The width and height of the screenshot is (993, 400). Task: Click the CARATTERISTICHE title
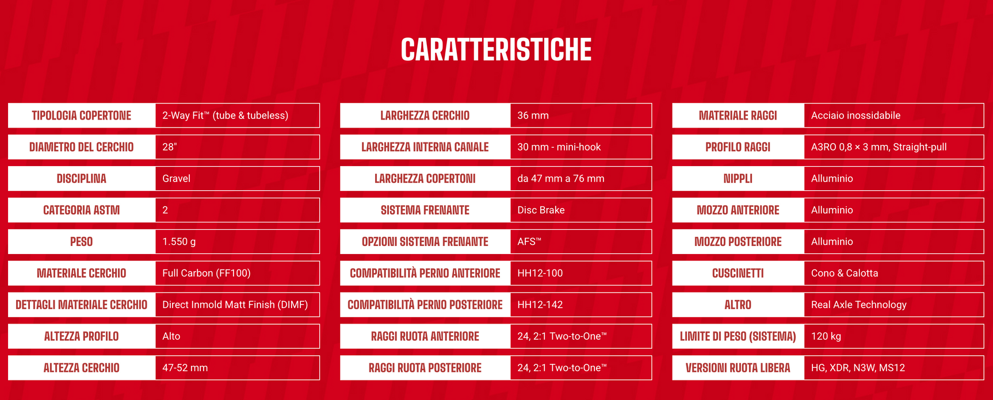[x=496, y=49]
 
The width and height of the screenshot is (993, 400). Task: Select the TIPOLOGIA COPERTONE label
[x=82, y=116]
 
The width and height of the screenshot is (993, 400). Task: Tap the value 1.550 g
[x=179, y=242]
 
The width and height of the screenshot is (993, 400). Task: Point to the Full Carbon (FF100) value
[x=207, y=274]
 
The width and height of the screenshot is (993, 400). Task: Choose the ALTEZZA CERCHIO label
[x=82, y=368]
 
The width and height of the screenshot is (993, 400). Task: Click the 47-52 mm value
[x=185, y=368]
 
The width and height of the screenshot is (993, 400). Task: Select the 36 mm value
[x=533, y=116]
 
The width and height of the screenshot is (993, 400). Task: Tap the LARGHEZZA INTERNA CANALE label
[x=425, y=147]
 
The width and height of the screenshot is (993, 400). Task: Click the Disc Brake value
[x=541, y=210]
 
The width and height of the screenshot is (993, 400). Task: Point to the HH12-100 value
[x=540, y=274]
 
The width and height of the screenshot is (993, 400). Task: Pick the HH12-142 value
[x=540, y=305]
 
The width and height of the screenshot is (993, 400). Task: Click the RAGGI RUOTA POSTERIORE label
[x=425, y=368]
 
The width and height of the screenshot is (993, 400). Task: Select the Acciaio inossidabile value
[x=855, y=116]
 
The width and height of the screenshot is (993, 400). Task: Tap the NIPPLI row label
[x=738, y=179]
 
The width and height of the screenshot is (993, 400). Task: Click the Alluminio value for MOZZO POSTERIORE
[x=832, y=242]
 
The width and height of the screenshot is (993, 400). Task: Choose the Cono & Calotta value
[x=845, y=274]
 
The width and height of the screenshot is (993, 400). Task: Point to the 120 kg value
[x=826, y=336]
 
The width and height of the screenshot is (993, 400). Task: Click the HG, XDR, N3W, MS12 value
[x=858, y=368]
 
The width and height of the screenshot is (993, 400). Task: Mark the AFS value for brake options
[x=529, y=242]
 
